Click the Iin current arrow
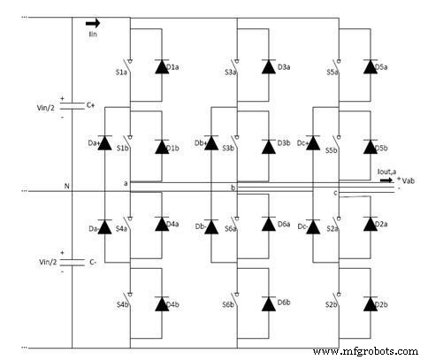point(93,24)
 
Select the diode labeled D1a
point(162,66)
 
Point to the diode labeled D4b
point(162,303)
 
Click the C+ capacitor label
point(91,105)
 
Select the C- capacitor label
point(91,262)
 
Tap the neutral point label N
point(66,186)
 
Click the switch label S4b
point(121,305)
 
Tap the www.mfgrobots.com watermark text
point(363,351)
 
